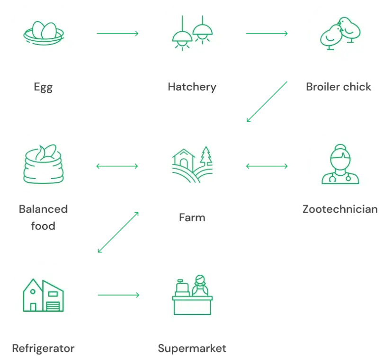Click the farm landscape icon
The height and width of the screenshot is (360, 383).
[x=193, y=164]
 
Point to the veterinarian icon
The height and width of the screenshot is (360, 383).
[x=340, y=164]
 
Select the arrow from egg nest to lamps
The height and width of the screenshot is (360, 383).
[x=117, y=34]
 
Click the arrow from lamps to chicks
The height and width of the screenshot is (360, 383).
[x=266, y=34]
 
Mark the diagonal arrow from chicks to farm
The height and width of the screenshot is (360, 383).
[x=267, y=102]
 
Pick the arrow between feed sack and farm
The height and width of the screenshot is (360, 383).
[x=117, y=166]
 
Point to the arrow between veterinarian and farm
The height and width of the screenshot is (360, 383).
[x=266, y=166]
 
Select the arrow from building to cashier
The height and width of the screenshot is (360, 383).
[x=117, y=296]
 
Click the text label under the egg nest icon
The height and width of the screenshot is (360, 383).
[x=44, y=87]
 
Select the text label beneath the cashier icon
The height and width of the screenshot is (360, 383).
[x=191, y=348]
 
